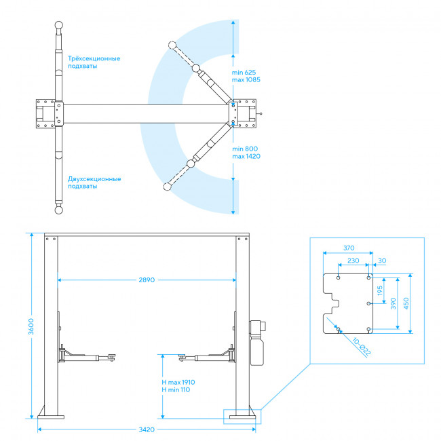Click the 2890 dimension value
click(x=147, y=280)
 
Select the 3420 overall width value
click(x=147, y=429)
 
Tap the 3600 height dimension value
click(x=31, y=326)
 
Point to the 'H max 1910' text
click(x=178, y=382)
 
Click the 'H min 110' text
click(x=176, y=390)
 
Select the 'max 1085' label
click(x=246, y=79)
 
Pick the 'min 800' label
click(x=245, y=149)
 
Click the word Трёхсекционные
click(x=94, y=58)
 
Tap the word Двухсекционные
click(x=94, y=179)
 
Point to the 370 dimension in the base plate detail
click(x=349, y=248)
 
